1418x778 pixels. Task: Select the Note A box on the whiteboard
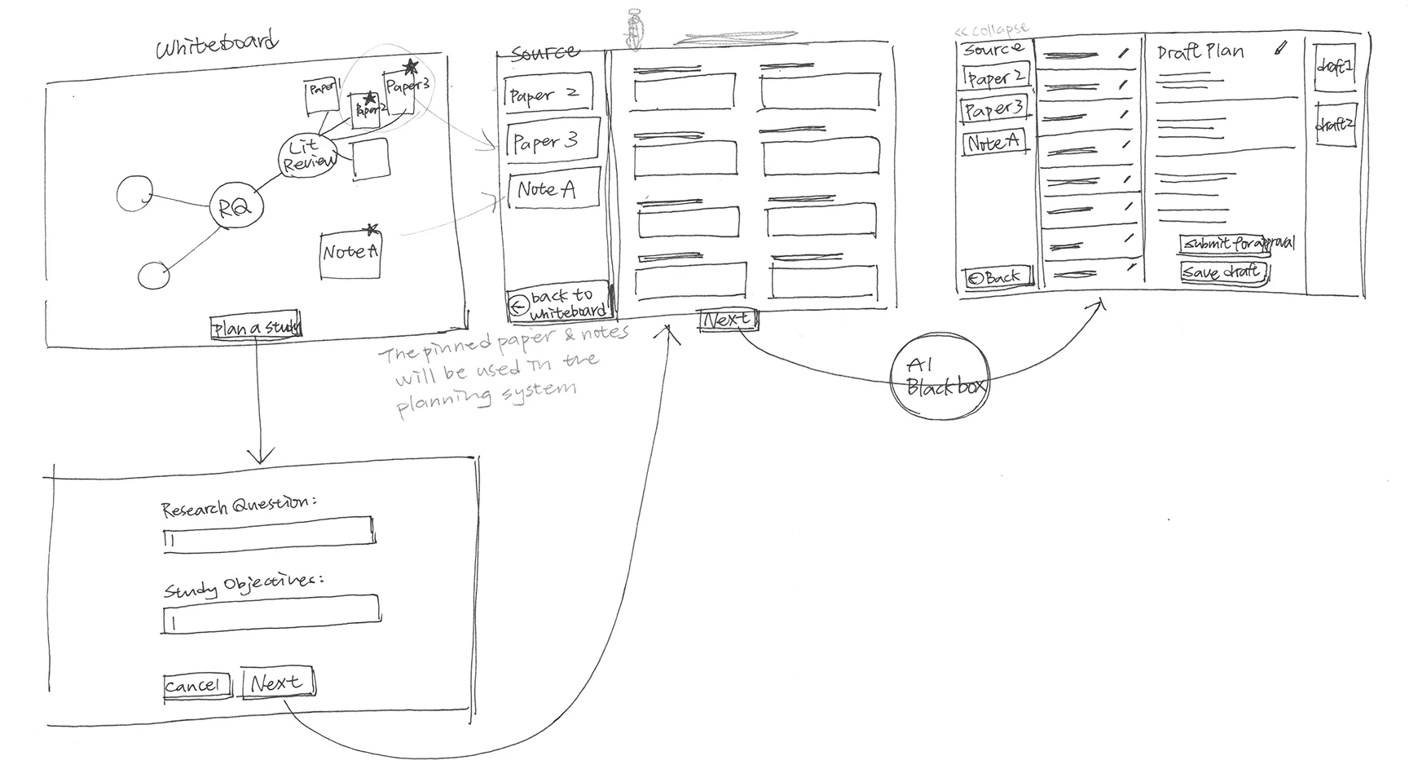click(350, 254)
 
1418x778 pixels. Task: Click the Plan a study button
click(256, 327)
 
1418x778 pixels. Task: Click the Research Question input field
click(269, 534)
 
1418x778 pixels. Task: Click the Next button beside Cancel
click(277, 683)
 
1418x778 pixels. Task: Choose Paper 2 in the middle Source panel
click(547, 95)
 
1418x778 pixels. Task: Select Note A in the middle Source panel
click(553, 188)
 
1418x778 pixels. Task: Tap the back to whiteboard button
click(559, 303)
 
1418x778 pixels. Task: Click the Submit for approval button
click(1237, 243)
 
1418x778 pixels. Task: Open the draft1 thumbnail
click(1334, 67)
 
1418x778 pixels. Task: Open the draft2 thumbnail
click(1335, 125)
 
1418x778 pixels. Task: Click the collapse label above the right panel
click(992, 30)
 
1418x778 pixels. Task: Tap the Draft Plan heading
click(1200, 52)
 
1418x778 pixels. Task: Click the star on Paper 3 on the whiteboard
click(411, 66)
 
